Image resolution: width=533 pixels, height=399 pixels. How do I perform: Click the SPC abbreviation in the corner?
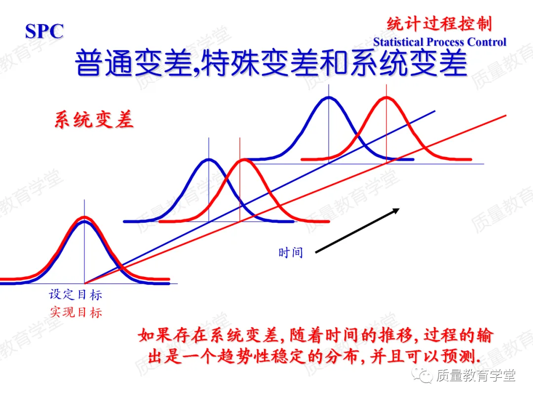pyautogui.click(x=44, y=32)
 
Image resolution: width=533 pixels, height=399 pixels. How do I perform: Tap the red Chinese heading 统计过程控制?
pyautogui.click(x=439, y=24)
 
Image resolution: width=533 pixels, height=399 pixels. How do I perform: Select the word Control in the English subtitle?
pyautogui.click(x=487, y=42)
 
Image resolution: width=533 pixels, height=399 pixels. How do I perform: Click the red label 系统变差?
pyautogui.click(x=94, y=119)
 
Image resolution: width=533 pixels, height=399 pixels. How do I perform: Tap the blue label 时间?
pyautogui.click(x=290, y=253)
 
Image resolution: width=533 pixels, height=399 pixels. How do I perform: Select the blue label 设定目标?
pyautogui.click(x=76, y=295)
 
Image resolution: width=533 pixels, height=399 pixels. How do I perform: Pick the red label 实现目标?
pyautogui.click(x=76, y=312)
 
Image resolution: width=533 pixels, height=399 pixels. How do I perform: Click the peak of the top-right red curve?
pyautogui.click(x=386, y=97)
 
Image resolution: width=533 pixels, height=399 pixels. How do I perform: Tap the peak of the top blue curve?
pyautogui.click(x=328, y=97)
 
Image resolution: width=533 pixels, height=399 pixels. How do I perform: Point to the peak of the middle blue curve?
pyautogui.click(x=209, y=159)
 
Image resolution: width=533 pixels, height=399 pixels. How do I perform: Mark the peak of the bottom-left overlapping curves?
pyautogui.click(x=84, y=218)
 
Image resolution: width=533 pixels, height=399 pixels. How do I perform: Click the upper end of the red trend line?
pyautogui.click(x=505, y=116)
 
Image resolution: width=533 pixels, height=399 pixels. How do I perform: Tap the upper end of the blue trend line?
pyautogui.click(x=434, y=111)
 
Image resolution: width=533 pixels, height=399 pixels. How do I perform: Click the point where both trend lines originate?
pyautogui.click(x=85, y=283)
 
